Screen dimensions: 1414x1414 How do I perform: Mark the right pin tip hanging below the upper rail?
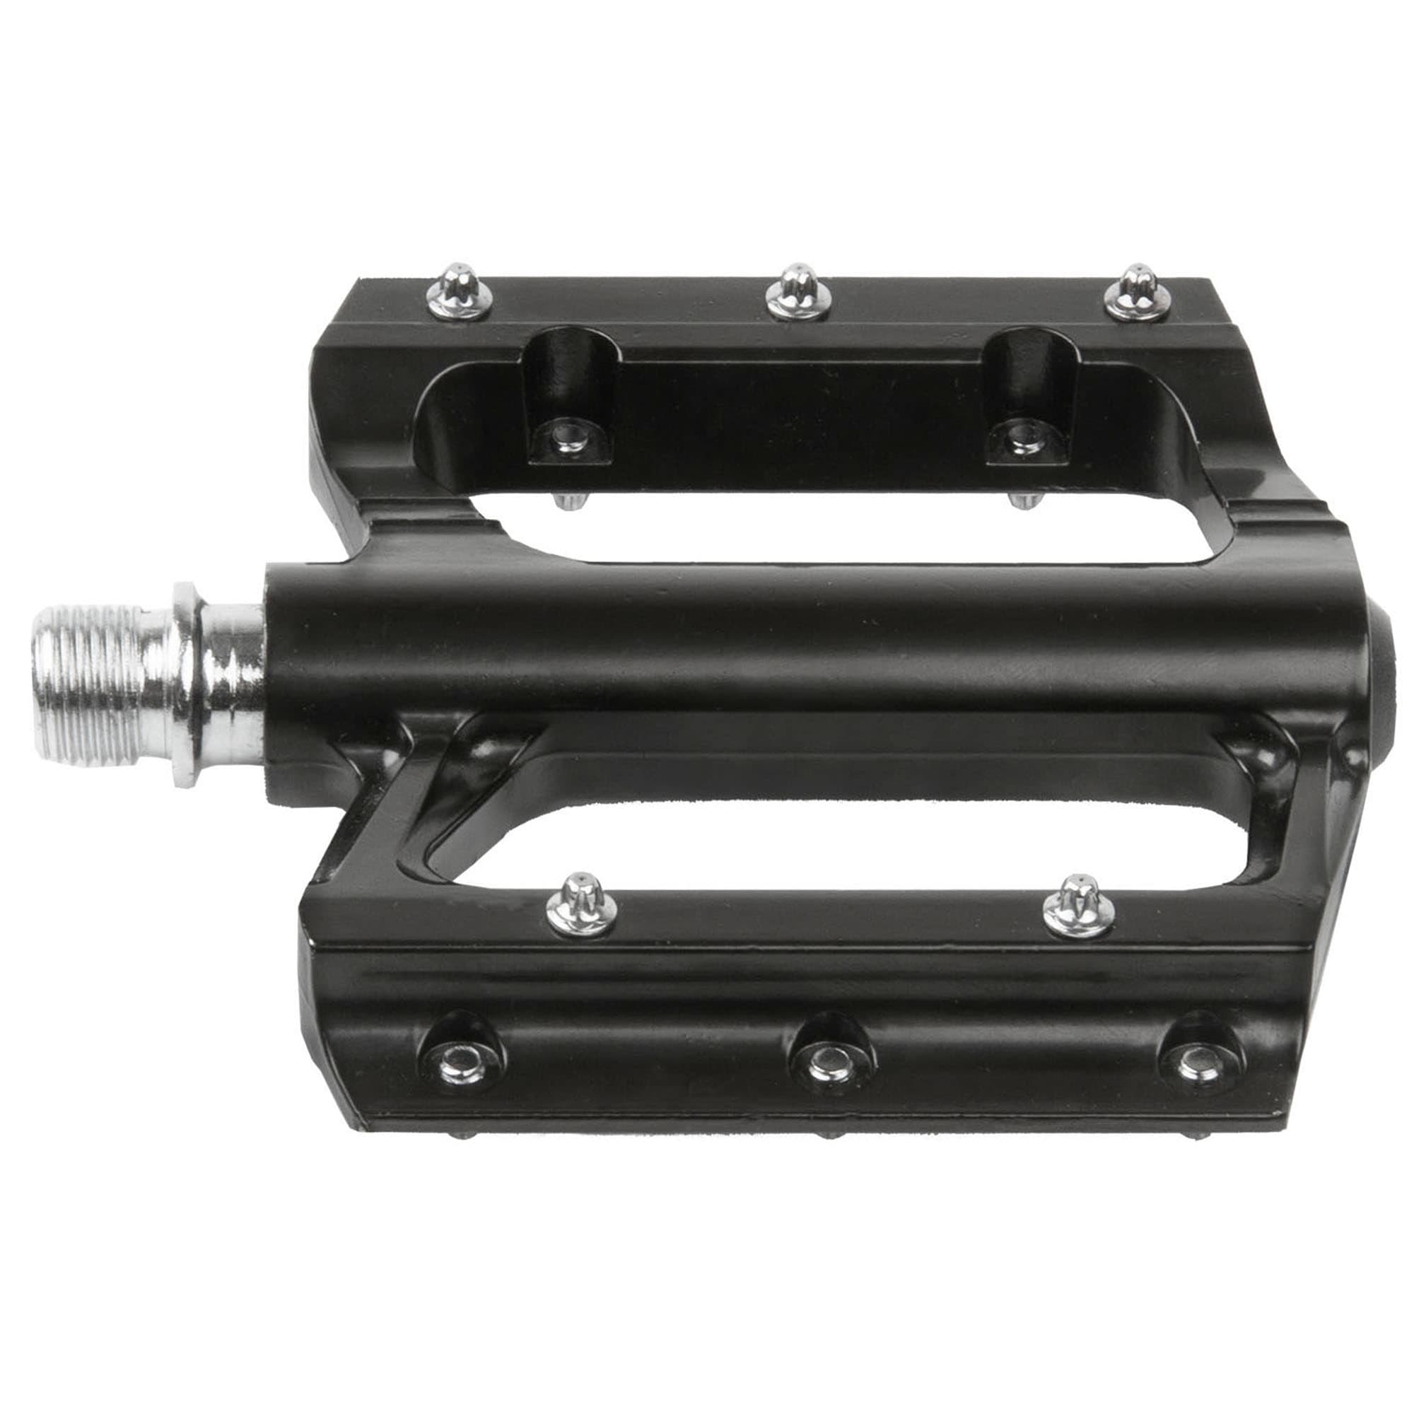point(1019,501)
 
